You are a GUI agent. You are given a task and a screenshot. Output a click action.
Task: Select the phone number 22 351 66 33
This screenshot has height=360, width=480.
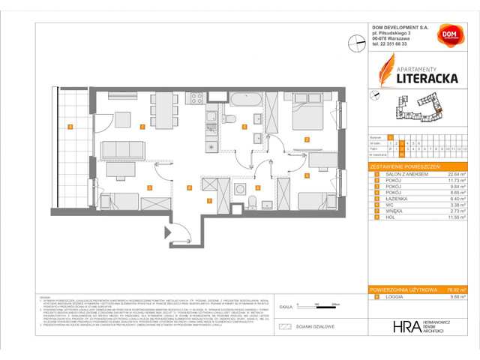tap(397, 44)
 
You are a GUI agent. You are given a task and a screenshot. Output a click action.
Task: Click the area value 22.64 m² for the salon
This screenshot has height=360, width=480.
tap(457, 172)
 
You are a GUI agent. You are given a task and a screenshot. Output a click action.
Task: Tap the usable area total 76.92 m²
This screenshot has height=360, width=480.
tap(457, 290)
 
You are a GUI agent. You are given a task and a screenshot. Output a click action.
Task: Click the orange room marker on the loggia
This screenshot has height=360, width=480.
tap(70, 127)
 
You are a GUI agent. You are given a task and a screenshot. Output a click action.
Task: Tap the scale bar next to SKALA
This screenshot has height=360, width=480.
tap(318, 304)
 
